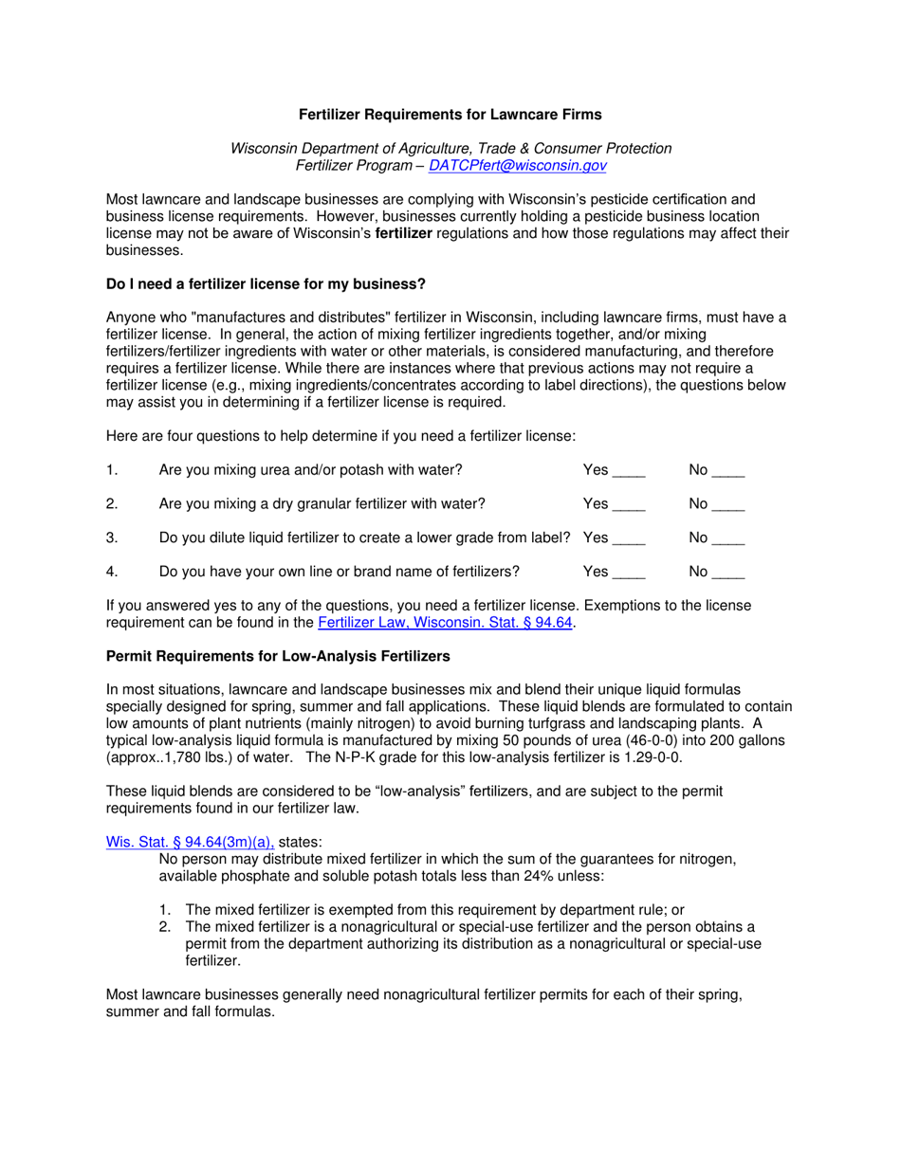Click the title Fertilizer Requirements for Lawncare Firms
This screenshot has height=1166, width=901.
pos(450,115)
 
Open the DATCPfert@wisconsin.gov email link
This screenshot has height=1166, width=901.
pos(518,165)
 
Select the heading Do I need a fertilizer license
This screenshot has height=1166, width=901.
pos(266,283)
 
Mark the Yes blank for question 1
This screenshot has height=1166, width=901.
pos(628,470)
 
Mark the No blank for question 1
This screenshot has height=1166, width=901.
pos(727,470)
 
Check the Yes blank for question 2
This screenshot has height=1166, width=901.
pos(628,503)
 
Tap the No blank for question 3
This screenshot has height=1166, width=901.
pos(727,537)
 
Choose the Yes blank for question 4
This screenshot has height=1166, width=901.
pos(628,572)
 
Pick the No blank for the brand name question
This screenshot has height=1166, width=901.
pos(727,572)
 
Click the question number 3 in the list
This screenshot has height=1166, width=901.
pos(111,537)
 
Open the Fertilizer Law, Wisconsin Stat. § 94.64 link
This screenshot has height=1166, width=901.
pos(446,623)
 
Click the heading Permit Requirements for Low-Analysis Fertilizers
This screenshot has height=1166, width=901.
pos(278,656)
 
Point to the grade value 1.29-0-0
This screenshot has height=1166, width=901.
pos(649,757)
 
